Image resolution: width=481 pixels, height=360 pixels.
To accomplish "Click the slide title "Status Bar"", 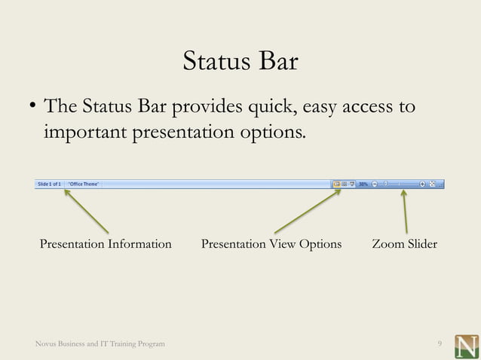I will pyautogui.click(x=240, y=62).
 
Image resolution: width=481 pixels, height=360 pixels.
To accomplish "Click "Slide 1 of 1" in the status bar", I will pyautogui.click(x=49, y=183).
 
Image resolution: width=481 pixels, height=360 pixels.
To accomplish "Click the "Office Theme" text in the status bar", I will pyautogui.click(x=85, y=183).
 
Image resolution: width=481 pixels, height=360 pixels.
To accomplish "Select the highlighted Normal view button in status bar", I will pyautogui.click(x=336, y=183).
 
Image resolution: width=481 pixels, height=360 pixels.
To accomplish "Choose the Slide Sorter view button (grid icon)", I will pyautogui.click(x=344, y=183).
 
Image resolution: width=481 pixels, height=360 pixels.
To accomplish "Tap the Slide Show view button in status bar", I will pyautogui.click(x=352, y=183).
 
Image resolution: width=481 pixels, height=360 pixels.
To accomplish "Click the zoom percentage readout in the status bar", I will pyautogui.click(x=363, y=183).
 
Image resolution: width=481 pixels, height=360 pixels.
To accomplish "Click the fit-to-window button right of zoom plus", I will pyautogui.click(x=432, y=183).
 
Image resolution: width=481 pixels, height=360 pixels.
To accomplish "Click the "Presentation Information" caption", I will pyautogui.click(x=106, y=244).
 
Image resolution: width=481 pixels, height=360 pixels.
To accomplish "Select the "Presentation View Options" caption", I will pyautogui.click(x=271, y=244).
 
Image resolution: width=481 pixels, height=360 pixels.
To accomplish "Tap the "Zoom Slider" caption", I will pyautogui.click(x=404, y=244).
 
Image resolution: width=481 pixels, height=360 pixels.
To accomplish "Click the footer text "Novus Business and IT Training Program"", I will pyautogui.click(x=100, y=344).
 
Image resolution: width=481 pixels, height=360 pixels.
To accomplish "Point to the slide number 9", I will pyautogui.click(x=440, y=344).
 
